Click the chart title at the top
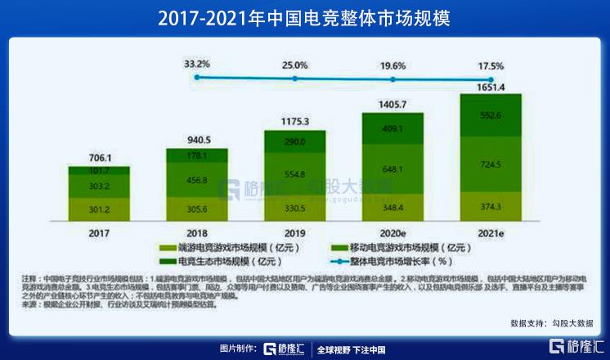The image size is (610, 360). pos(304,18)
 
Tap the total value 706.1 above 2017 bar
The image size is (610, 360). pos(98,156)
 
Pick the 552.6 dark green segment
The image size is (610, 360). pos(491,115)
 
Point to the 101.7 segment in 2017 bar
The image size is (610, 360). pos(98,170)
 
